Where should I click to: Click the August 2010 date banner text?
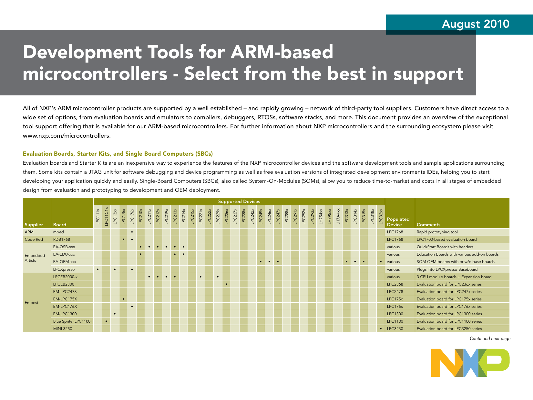point(476,24)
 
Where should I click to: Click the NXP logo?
point(470,363)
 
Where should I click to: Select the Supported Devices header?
point(239,201)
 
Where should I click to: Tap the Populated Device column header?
point(398,222)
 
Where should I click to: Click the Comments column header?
point(428,225)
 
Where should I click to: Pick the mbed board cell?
point(58,232)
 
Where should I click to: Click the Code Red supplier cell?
point(34,239)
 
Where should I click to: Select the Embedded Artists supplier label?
point(35,258)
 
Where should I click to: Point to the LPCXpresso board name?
point(64,269)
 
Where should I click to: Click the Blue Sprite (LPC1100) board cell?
point(72,321)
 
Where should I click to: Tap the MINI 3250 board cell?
point(63,329)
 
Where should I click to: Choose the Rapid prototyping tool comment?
point(437,232)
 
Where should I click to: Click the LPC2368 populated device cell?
point(395,284)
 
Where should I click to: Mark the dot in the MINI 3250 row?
point(381,329)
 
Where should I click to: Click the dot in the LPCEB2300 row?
point(226,284)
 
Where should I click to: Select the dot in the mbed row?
point(132,232)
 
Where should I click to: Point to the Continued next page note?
point(490,339)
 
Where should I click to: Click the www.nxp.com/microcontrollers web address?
point(67,136)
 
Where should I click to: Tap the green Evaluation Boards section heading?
point(118,154)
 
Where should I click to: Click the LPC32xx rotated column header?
point(381,217)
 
